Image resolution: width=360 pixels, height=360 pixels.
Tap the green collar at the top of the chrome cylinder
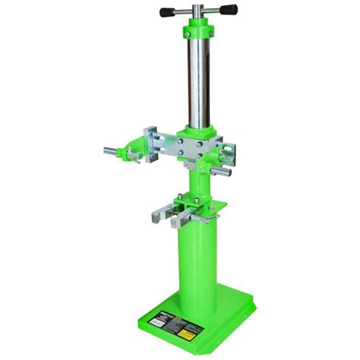pos(197,33)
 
